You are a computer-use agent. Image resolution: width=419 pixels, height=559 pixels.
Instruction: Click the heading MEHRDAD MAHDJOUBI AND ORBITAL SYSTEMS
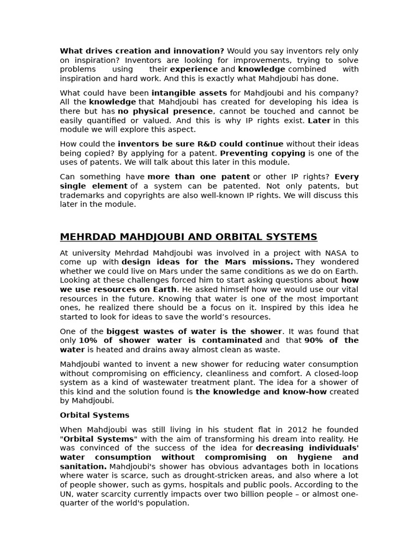[188, 237]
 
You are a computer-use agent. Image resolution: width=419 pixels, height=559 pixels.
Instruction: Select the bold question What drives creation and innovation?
[142, 51]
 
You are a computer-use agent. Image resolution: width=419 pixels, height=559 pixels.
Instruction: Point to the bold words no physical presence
[165, 111]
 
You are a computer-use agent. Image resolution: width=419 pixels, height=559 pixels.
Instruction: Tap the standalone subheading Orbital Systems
[94, 415]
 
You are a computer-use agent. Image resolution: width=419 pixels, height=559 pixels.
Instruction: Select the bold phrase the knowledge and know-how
[262, 392]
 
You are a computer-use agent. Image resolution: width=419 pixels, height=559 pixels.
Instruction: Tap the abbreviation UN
[65, 494]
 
